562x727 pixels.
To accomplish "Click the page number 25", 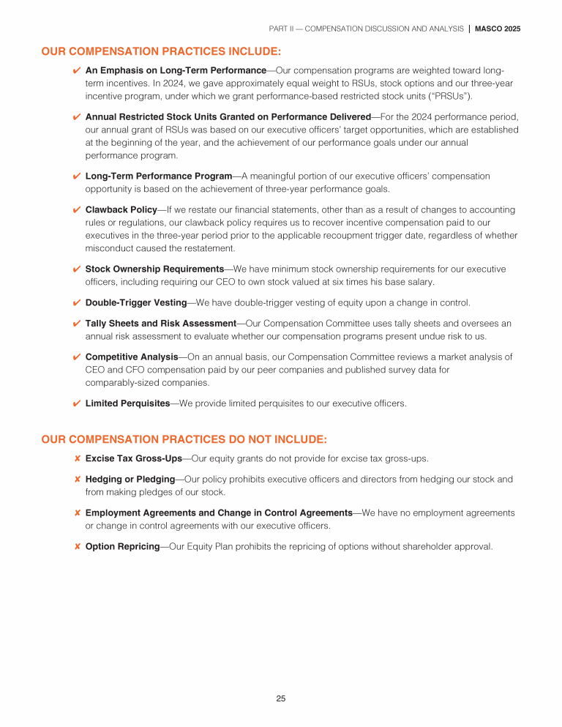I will [281, 698].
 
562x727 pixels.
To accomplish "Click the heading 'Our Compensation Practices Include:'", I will [161, 52].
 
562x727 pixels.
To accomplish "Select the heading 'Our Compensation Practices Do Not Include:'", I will [184, 439].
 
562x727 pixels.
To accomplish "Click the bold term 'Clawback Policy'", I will [121, 209].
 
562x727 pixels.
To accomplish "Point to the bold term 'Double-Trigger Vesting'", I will [136, 302].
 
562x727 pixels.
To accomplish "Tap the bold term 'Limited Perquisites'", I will [127, 403].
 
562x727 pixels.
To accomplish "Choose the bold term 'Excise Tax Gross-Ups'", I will [133, 458].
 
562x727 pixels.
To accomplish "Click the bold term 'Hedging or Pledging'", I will [130, 479].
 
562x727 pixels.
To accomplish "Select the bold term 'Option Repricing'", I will [122, 546].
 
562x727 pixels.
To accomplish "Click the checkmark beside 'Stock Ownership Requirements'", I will [77, 269].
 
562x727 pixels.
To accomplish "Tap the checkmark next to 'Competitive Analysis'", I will [77, 357].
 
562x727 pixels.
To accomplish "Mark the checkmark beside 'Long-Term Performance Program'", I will [77, 176].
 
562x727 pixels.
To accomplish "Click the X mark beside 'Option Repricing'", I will [77, 547].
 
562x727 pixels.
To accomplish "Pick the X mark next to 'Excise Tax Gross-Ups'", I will [77, 459].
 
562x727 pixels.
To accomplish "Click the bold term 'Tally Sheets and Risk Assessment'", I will [160, 323].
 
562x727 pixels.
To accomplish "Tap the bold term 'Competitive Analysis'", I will [132, 357].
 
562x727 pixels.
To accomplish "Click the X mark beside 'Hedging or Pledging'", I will [77, 480].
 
